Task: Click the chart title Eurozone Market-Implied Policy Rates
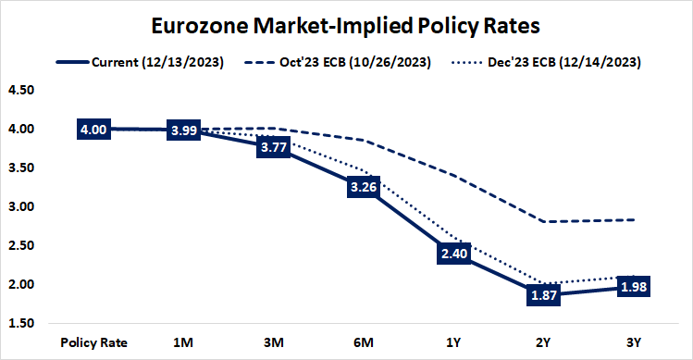pyautogui.click(x=346, y=24)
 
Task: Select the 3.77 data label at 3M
pyautogui.click(x=274, y=147)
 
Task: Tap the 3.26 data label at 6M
pyautogui.click(x=364, y=187)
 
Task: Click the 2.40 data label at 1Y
pyautogui.click(x=453, y=254)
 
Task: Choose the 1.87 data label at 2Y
pyautogui.click(x=543, y=294)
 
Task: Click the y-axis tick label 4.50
pyautogui.click(x=19, y=91)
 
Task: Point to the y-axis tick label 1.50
pyautogui.click(x=19, y=323)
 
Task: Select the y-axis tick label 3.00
pyautogui.click(x=19, y=207)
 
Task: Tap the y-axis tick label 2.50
pyautogui.click(x=19, y=246)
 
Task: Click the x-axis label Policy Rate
pyautogui.click(x=93, y=341)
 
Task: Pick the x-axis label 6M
pyautogui.click(x=364, y=341)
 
